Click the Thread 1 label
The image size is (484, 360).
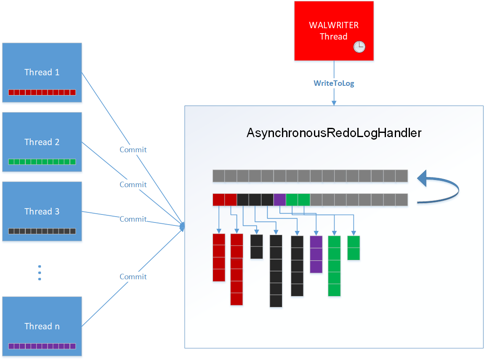point(42,72)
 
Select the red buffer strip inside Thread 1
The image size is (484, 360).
point(42,92)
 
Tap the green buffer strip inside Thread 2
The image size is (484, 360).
point(42,161)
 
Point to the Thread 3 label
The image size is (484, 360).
point(42,211)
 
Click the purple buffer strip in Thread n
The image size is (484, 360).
point(42,346)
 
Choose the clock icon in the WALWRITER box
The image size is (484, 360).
point(359,47)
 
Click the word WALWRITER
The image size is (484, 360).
point(334,25)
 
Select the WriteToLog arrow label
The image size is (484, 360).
point(334,83)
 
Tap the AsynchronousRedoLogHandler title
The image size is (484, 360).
point(334,133)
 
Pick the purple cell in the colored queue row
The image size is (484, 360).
point(279,199)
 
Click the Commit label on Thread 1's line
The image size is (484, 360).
point(133,149)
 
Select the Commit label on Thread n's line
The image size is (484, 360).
point(133,276)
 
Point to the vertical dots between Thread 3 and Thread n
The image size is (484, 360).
point(40,273)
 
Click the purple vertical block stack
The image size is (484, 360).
point(316,254)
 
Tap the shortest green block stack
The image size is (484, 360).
point(354,248)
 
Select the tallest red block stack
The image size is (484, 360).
point(237,269)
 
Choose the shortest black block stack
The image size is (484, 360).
point(256,246)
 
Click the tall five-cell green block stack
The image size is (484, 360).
point(334,266)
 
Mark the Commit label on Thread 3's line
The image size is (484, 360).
point(133,219)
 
